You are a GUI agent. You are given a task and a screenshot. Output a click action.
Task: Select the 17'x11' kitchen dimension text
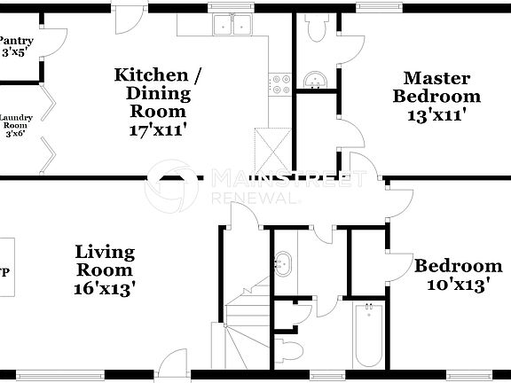click(x=158, y=128)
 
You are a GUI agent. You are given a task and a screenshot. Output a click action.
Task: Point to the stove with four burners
click(x=280, y=84)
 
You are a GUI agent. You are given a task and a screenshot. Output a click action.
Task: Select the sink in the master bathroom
click(x=314, y=82)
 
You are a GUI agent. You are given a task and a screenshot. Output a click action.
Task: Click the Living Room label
click(x=104, y=262)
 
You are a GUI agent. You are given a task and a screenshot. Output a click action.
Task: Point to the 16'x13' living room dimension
click(x=104, y=287)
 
